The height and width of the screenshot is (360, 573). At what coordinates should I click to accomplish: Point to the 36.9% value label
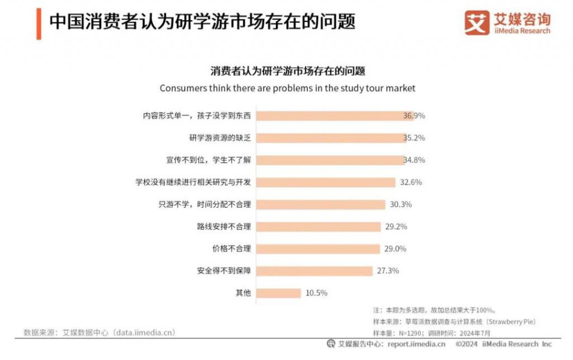[414, 116]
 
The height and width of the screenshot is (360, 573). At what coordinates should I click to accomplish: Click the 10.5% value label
[317, 293]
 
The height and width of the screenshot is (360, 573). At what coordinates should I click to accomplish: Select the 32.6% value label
[411, 182]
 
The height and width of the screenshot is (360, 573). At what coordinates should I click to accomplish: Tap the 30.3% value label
[401, 204]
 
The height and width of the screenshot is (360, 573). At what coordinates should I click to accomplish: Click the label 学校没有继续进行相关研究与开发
[193, 182]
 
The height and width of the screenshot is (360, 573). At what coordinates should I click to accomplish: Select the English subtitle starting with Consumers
[287, 88]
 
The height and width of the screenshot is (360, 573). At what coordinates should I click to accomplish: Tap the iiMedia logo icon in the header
[476, 23]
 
